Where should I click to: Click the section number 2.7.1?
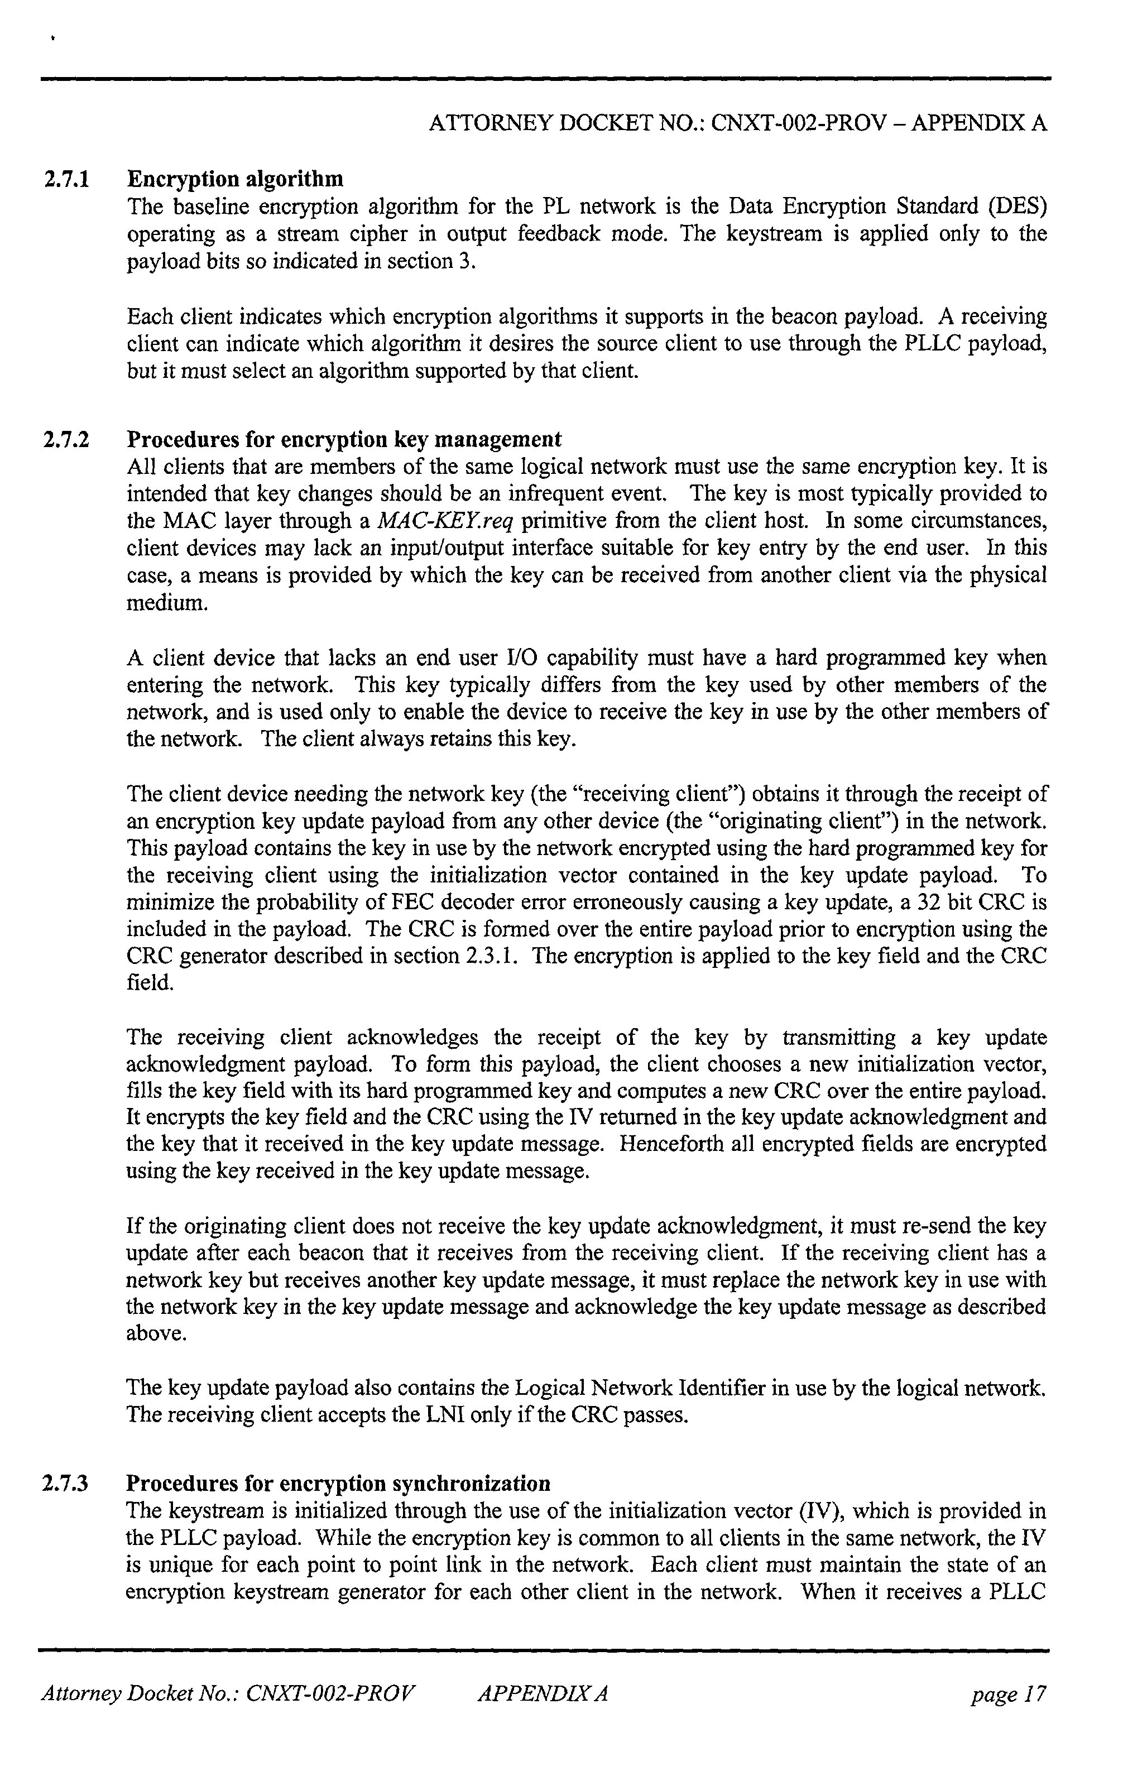66,179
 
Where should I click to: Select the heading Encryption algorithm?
236,179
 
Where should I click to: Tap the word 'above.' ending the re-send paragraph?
156,1334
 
